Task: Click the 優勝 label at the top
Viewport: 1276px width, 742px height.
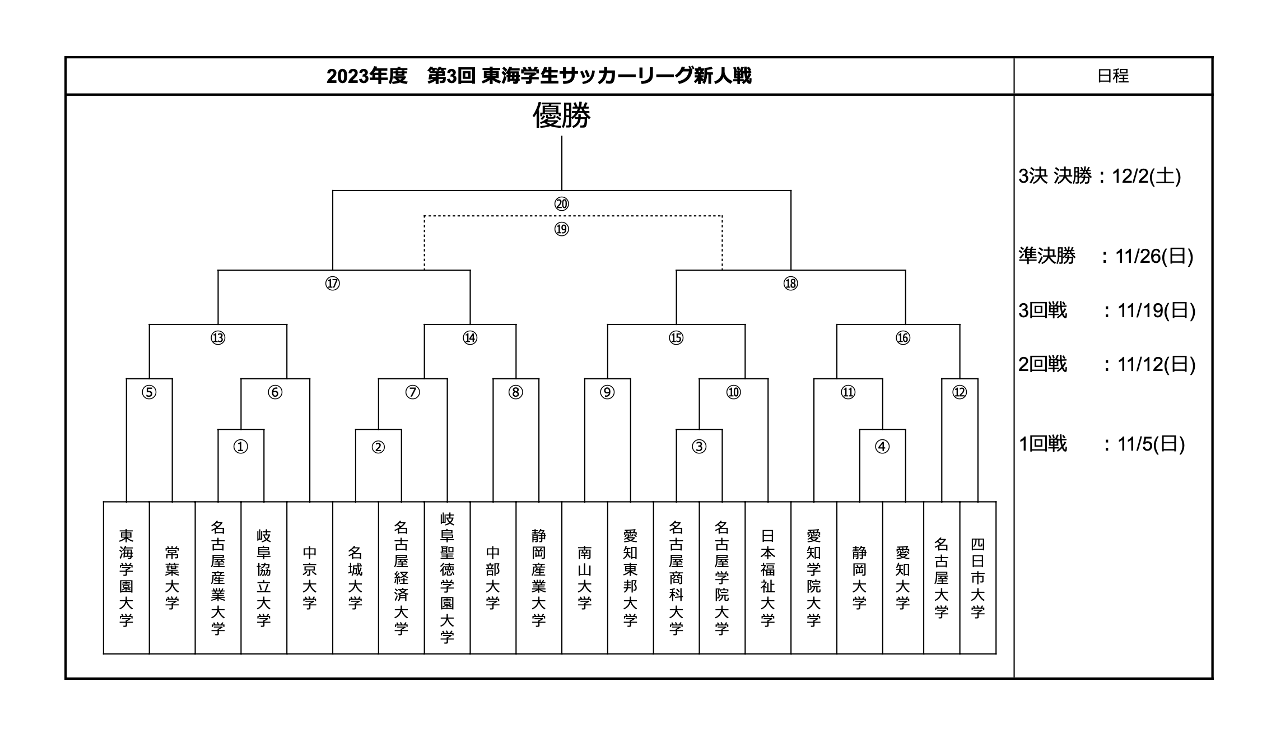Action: click(x=561, y=115)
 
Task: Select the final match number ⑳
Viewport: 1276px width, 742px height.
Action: click(x=561, y=204)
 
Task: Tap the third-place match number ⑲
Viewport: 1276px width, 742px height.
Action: click(x=561, y=229)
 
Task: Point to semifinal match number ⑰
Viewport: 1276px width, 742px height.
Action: click(x=332, y=284)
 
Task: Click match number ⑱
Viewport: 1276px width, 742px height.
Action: click(x=790, y=284)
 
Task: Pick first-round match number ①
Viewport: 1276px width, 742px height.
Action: click(x=240, y=447)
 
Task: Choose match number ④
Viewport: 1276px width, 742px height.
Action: click(x=882, y=447)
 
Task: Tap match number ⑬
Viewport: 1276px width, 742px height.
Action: click(x=218, y=338)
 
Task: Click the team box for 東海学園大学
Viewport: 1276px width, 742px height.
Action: click(x=126, y=578)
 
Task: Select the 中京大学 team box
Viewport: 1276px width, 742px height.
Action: click(x=310, y=578)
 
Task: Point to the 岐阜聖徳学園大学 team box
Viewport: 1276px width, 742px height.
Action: click(x=447, y=578)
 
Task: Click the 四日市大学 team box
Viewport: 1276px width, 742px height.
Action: click(x=978, y=578)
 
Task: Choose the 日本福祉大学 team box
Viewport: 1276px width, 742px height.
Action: click(x=768, y=578)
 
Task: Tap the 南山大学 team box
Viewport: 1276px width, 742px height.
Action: click(x=585, y=578)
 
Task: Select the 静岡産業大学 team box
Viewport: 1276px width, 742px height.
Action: click(x=539, y=578)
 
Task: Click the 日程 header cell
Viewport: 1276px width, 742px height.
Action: click(x=1113, y=76)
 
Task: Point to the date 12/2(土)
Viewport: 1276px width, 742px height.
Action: click(x=1146, y=177)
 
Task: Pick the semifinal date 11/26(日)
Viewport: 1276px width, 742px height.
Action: click(x=1154, y=256)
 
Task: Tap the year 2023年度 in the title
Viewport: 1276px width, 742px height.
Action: click(x=367, y=76)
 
